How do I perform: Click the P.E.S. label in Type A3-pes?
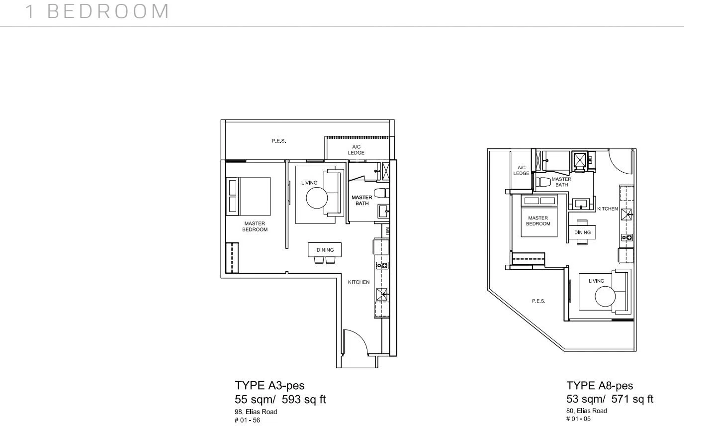pyautogui.click(x=279, y=141)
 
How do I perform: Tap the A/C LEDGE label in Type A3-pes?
pyautogui.click(x=356, y=150)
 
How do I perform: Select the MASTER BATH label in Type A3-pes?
pyautogui.click(x=362, y=201)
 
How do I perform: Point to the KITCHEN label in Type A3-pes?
pyautogui.click(x=358, y=282)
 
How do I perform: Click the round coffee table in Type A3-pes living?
pyautogui.click(x=317, y=198)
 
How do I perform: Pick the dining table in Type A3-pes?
pyautogui.click(x=325, y=250)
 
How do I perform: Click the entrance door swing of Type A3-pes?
pyautogui.click(x=356, y=342)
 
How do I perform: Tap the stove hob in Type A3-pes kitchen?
pyautogui.click(x=382, y=265)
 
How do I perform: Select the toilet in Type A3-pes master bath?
pyautogui.click(x=381, y=193)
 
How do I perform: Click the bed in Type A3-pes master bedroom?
pyautogui.click(x=248, y=197)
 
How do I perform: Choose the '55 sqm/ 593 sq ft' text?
pyautogui.click(x=280, y=399)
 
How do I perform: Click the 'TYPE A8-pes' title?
pyautogui.click(x=600, y=386)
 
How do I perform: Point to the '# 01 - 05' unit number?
pyautogui.click(x=578, y=419)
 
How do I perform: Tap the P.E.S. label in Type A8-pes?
pyautogui.click(x=538, y=301)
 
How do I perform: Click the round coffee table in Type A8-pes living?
pyautogui.click(x=605, y=297)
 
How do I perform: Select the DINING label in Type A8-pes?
pyautogui.click(x=582, y=232)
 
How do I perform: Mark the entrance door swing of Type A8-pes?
pyautogui.click(x=621, y=162)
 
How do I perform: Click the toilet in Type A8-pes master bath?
pyautogui.click(x=543, y=182)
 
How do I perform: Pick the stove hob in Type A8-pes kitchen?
pyautogui.click(x=626, y=237)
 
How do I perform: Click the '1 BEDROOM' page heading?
pyautogui.click(x=97, y=11)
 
